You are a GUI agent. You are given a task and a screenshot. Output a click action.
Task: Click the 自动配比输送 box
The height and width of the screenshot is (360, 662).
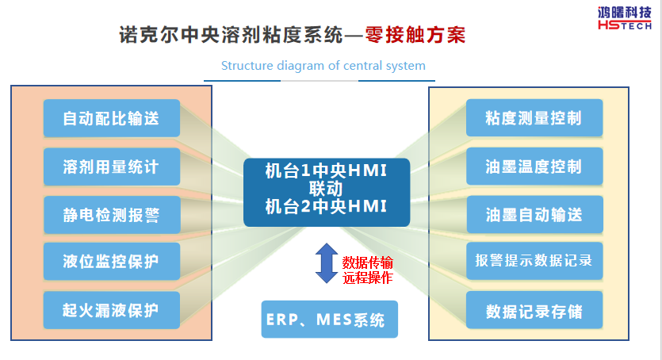[x=111, y=118]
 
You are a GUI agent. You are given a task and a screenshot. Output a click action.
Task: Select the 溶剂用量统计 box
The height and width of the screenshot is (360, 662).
[x=111, y=167]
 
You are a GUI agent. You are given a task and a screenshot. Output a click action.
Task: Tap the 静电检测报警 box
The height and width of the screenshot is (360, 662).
[x=111, y=214]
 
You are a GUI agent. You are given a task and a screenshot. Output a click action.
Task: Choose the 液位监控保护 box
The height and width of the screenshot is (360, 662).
[x=111, y=261]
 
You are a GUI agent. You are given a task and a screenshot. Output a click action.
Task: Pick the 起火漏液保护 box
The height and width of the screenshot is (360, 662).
[x=111, y=309]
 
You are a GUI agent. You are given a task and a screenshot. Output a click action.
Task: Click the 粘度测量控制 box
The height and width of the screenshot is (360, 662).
[x=534, y=118]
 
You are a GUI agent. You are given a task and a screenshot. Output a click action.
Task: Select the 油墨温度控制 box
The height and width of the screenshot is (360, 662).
[x=534, y=167]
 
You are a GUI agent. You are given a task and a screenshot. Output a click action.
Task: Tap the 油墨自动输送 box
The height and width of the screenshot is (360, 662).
[x=534, y=214]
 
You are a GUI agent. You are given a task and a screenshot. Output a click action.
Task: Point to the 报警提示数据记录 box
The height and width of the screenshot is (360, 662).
[x=534, y=261]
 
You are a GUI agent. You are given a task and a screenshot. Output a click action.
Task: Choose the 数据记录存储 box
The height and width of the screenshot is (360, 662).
[x=534, y=311]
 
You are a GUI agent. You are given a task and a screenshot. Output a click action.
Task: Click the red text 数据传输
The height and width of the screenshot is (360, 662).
[x=367, y=262]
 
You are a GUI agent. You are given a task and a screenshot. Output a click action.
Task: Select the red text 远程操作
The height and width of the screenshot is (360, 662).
[x=367, y=278]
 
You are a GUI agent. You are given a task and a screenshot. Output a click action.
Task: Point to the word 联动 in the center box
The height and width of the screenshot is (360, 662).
[x=326, y=190]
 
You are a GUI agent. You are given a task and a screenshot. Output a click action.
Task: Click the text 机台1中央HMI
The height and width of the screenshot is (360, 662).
[x=326, y=172]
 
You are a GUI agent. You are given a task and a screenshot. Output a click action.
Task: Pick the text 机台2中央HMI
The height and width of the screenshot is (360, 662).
[x=326, y=207]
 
